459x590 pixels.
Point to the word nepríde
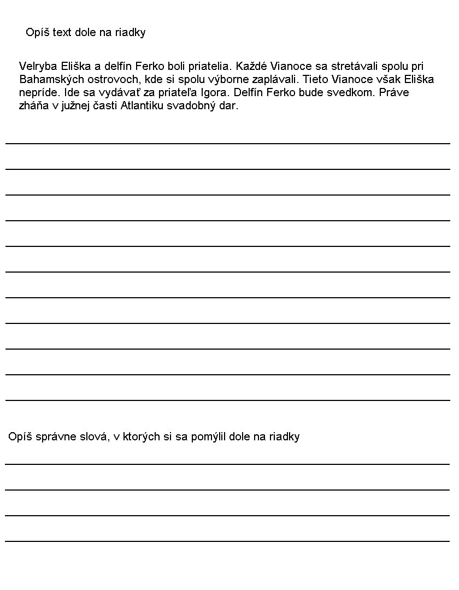38,92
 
